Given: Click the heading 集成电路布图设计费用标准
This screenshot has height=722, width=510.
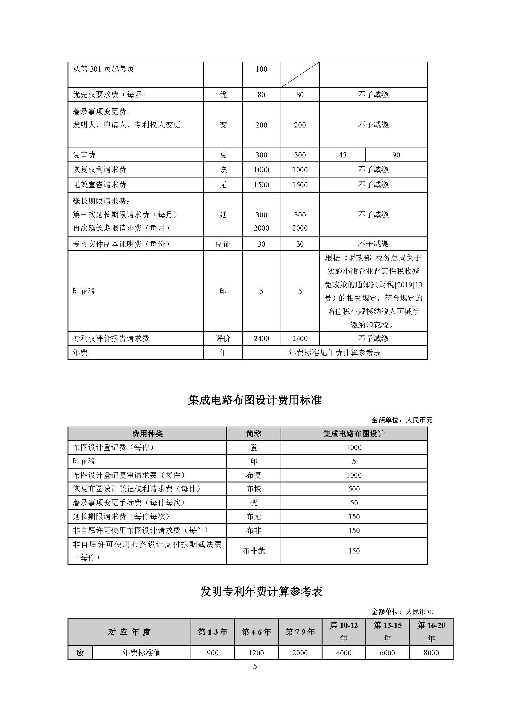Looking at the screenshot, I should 255,400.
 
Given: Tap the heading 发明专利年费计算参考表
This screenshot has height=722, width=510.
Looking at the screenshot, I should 261,592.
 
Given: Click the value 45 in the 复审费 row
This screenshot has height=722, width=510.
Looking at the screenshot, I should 342,155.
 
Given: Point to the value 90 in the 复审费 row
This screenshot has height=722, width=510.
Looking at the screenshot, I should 396,155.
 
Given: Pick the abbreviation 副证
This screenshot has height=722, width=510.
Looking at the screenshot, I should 223,244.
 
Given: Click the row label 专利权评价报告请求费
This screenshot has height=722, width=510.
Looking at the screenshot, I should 111,338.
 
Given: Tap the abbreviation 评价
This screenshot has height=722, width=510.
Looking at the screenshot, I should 223,338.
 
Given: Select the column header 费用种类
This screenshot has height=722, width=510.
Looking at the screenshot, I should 147,434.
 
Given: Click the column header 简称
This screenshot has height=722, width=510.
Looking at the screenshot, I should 254,434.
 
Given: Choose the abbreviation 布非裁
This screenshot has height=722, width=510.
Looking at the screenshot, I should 254,551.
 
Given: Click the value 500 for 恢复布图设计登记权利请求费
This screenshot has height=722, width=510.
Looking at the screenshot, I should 354,489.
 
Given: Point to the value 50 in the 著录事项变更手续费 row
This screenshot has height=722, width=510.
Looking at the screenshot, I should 354,503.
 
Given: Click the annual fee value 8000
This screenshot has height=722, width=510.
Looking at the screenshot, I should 431,653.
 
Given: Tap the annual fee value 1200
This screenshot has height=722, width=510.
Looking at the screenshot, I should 256,653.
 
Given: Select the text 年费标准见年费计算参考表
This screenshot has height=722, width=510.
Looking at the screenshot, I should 335,353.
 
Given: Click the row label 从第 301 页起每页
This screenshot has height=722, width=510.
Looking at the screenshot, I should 103,69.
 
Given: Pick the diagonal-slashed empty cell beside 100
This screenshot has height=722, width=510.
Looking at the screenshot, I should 300,75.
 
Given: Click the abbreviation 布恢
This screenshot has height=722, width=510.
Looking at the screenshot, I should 254,489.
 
